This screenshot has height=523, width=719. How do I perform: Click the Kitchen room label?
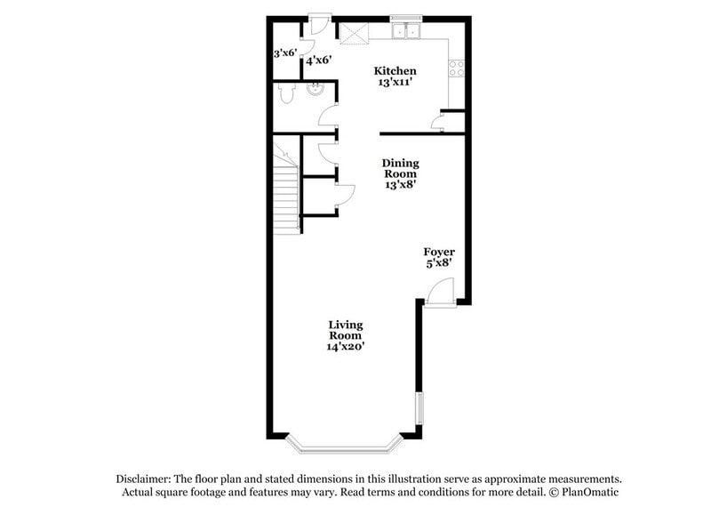[x=395, y=71]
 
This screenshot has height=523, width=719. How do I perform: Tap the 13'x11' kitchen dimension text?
[x=395, y=83]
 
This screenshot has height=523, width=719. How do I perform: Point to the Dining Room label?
[x=401, y=168]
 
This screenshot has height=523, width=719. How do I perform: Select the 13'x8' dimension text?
[x=401, y=185]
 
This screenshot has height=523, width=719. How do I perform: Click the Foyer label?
[x=438, y=253]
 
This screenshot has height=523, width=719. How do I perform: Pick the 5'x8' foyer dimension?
[x=438, y=263]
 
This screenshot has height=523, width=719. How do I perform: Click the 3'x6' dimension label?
[x=284, y=52]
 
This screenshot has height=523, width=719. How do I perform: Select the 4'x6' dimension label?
[x=318, y=60]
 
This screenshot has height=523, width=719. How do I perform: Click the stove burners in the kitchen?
[x=457, y=67]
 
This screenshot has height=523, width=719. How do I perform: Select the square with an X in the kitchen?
[x=356, y=32]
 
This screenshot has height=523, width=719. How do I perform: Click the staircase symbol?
[x=285, y=191]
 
